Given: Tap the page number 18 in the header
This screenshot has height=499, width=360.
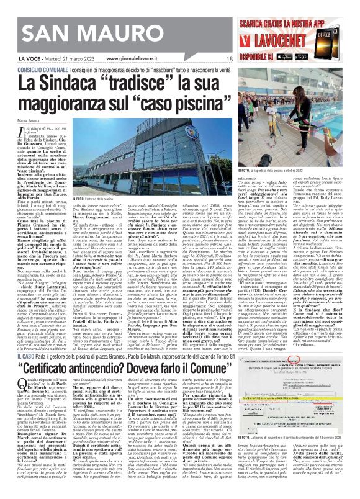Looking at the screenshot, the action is (x=229, y=58).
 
